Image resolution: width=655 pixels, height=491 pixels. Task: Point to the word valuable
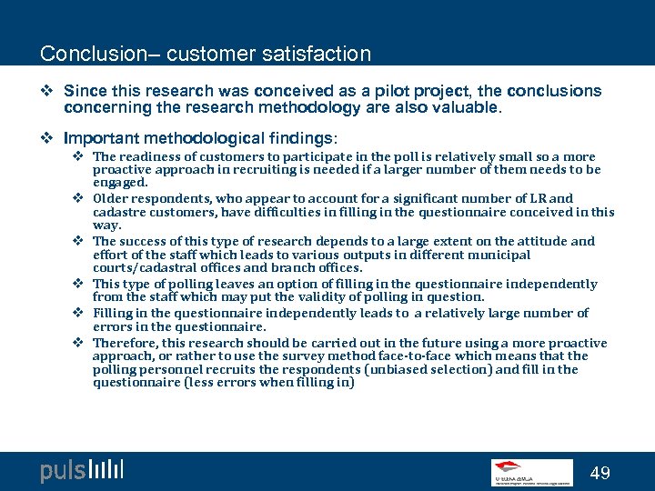coord(467,107)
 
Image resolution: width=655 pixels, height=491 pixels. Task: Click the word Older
coord(109,198)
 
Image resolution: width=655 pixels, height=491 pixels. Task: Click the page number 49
coord(600,473)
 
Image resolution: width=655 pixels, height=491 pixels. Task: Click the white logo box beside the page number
coord(532,472)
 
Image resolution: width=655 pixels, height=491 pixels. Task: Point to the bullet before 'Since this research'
coord(50,91)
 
